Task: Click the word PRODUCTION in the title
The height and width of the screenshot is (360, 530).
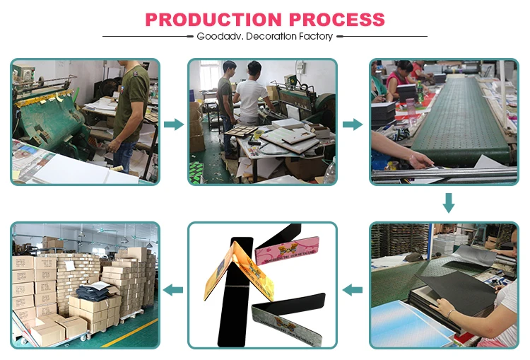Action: [x=213, y=20]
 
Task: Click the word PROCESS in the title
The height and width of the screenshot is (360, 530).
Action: [x=337, y=20]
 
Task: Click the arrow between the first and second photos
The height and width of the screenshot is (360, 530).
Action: [x=174, y=124]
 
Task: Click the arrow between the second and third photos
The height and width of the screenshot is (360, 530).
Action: [x=353, y=124]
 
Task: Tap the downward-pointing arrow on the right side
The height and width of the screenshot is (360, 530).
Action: [x=449, y=203]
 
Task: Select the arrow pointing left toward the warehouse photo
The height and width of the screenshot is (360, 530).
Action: [x=173, y=290]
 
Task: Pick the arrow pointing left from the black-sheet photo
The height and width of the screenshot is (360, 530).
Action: [x=352, y=290]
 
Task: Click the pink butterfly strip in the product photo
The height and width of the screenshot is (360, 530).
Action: [x=287, y=250]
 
